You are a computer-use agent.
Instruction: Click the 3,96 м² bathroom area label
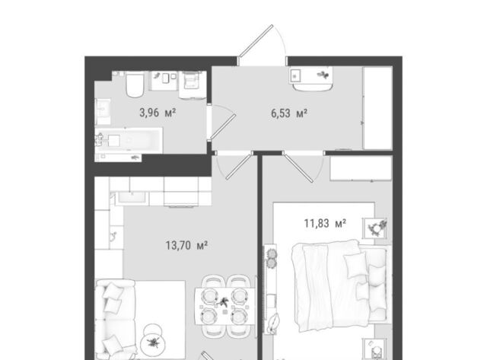tap(158, 113)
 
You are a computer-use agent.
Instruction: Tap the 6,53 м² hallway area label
tap(289, 113)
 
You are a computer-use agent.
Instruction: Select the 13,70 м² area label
tap(186, 245)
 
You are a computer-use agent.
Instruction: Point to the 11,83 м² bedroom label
tap(325, 223)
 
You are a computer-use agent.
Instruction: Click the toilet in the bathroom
tap(135, 84)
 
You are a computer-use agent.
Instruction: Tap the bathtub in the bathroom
tap(129, 140)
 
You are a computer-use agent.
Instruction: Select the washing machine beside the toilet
tap(193, 84)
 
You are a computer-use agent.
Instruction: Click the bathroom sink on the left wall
tap(103, 112)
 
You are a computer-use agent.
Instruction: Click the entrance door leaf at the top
tap(256, 41)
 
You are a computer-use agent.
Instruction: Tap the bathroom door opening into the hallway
tap(223, 126)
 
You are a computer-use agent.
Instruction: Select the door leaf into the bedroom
tap(298, 168)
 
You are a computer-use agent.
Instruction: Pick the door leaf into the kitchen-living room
tap(239, 167)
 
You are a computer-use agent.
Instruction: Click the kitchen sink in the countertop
tap(132, 198)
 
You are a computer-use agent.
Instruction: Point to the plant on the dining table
tap(223, 301)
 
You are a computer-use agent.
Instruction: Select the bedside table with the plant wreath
tap(375, 228)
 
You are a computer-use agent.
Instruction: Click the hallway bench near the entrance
tap(311, 79)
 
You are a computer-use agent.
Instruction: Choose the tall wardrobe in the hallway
tap(377, 108)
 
